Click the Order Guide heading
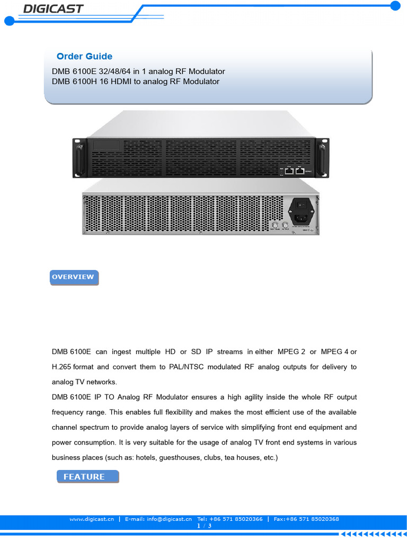(x=84, y=57)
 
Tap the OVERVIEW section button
(x=74, y=277)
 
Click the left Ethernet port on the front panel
(x=289, y=171)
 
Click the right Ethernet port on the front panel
(x=300, y=171)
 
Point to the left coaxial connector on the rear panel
(x=275, y=226)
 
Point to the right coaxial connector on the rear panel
(x=285, y=226)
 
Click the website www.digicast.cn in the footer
(x=92, y=519)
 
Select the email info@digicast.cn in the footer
(x=158, y=519)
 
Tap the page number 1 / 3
(x=203, y=526)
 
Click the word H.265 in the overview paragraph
(x=61, y=367)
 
